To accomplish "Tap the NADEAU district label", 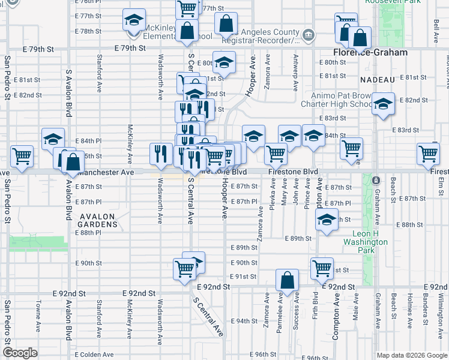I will [x=378, y=80].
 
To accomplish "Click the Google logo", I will [x=20, y=353].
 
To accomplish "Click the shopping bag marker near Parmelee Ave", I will [x=288, y=280].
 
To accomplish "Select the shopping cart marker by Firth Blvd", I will [x=322, y=268].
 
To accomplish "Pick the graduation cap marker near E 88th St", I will [x=327, y=220].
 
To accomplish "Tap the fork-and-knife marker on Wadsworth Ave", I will [x=160, y=153].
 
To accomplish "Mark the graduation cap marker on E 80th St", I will [x=224, y=62].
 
